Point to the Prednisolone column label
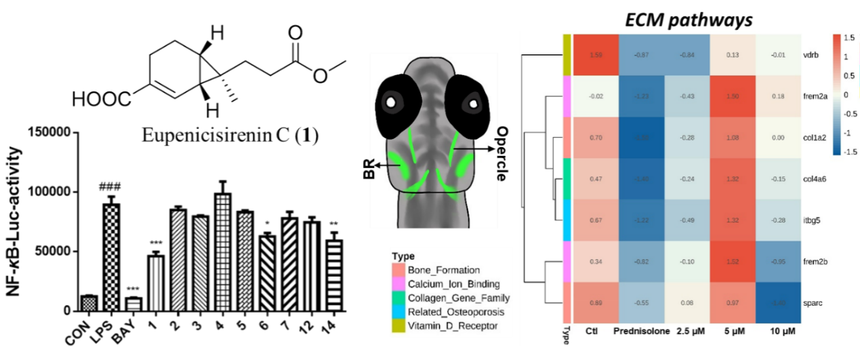pos(641,333)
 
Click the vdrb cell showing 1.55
pos(596,55)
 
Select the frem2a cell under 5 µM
pos(732,97)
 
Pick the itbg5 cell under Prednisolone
pos(642,220)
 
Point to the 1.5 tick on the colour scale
pos(849,39)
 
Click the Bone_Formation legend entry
pos(443,270)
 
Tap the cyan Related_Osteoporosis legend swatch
pos(398,312)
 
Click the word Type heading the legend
pos(403,257)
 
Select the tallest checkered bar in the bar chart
pos(111,258)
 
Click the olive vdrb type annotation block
pos(568,55)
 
